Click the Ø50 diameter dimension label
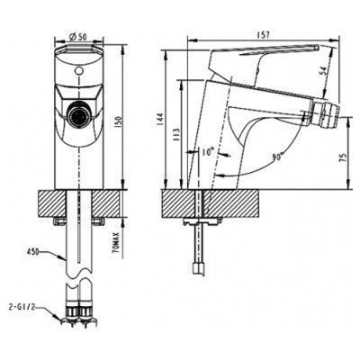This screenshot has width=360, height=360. pyautogui.click(x=78, y=36)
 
